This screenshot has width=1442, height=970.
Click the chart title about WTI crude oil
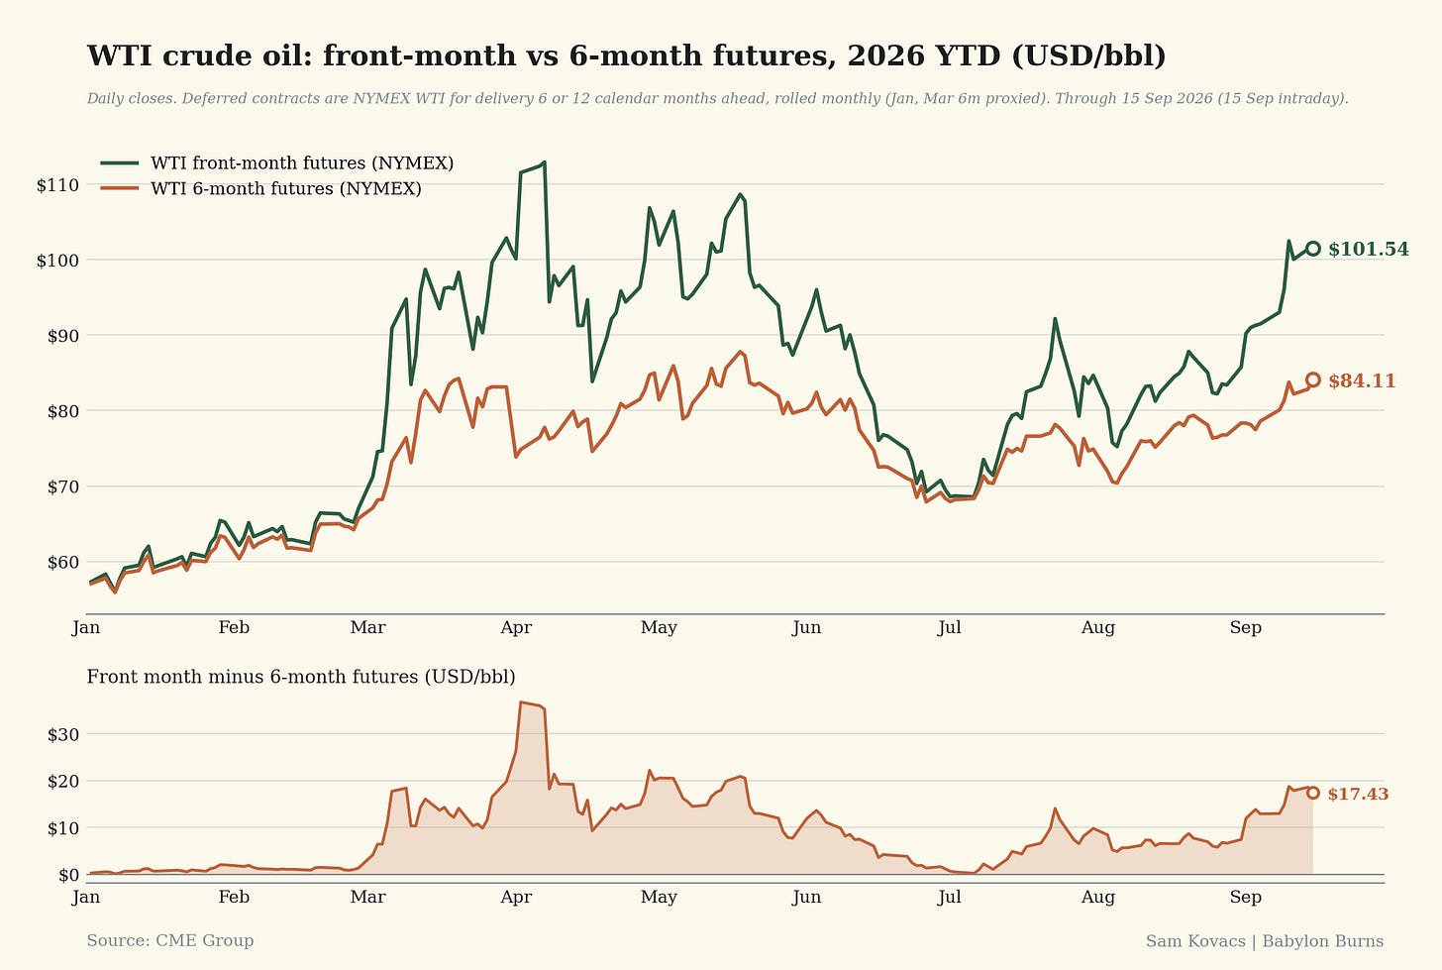(626, 55)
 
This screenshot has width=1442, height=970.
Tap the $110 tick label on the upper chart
(57, 185)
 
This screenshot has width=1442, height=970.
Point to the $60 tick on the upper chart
(63, 563)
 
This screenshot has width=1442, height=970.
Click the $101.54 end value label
(1369, 250)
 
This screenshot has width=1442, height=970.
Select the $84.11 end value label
(1362, 380)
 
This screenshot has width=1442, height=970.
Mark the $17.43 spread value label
(1358, 794)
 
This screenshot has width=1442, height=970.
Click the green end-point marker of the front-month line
(1312, 249)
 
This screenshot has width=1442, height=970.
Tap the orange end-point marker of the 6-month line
(1312, 380)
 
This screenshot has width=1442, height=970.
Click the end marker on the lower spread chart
(1312, 793)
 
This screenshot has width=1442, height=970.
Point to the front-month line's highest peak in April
(545, 162)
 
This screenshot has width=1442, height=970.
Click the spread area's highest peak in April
(521, 702)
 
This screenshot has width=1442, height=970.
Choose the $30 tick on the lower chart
(63, 734)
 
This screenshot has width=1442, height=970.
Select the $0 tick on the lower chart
(69, 875)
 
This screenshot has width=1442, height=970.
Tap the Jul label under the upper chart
(949, 627)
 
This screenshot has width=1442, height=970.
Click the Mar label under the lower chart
(367, 897)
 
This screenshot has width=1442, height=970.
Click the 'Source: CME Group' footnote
(170, 941)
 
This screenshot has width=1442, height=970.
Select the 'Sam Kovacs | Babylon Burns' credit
(1265, 941)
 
